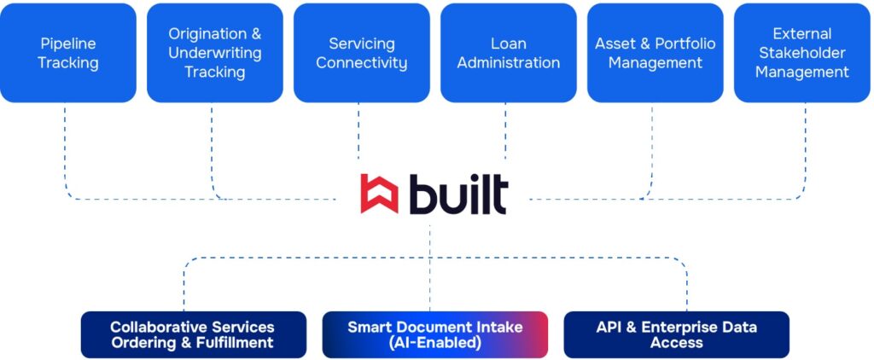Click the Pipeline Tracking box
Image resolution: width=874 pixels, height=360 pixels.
(68, 53)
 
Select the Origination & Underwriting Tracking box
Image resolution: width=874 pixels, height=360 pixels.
(215, 53)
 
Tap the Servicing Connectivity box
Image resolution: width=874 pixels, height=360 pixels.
(362, 53)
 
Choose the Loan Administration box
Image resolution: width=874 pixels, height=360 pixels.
(509, 53)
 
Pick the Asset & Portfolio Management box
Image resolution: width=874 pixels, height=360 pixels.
(655, 53)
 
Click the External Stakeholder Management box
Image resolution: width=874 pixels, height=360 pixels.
(802, 53)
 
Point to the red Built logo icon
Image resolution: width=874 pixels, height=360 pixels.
(379, 194)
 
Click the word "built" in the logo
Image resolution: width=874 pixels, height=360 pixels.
(457, 194)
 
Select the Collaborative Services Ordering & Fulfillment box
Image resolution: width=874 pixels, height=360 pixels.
(193, 334)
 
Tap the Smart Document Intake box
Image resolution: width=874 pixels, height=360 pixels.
(434, 334)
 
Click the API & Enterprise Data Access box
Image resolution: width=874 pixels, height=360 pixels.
(676, 334)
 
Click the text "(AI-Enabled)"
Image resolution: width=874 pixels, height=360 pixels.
(435, 343)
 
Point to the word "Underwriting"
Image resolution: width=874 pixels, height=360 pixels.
(215, 53)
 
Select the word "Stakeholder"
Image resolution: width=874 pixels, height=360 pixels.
(802, 53)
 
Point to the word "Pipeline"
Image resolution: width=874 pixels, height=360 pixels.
(68, 44)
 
